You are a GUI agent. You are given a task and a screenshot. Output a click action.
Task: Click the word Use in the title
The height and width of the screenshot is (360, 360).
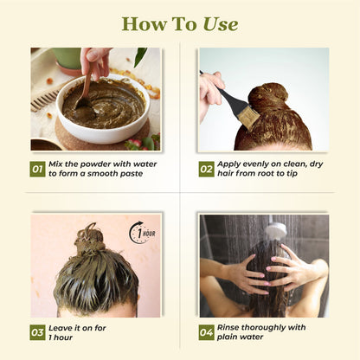tap(219, 23)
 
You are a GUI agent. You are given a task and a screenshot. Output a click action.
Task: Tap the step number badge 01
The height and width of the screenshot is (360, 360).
tap(37, 169)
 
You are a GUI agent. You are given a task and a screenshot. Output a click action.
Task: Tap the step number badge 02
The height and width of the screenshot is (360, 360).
tap(206, 169)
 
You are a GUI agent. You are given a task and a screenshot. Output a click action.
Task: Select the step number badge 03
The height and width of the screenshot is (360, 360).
tap(37, 331)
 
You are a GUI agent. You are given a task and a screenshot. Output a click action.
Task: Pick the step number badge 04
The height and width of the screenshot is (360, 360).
tap(206, 331)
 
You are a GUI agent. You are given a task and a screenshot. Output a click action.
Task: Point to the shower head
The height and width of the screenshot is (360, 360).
tap(275, 230)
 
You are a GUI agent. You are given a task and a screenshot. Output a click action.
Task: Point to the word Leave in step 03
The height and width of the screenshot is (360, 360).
tap(63, 326)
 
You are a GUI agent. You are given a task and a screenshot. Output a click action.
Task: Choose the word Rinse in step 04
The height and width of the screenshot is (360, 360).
tap(235, 326)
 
